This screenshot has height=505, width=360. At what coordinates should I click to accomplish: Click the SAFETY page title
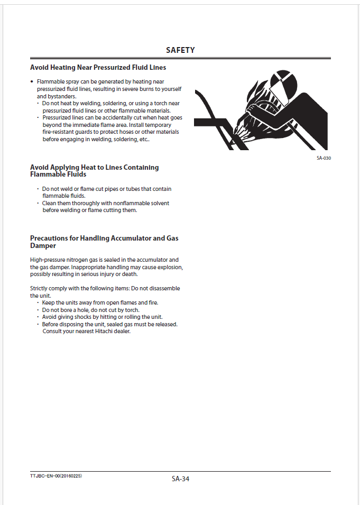180,50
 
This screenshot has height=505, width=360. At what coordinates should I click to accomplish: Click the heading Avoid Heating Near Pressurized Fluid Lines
98,68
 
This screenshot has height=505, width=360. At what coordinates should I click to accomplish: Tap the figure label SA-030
324,158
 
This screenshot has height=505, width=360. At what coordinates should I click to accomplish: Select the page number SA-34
180,479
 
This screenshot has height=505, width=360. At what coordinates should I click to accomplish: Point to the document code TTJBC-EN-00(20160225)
56,476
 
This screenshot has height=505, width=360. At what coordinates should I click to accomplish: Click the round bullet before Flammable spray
32,82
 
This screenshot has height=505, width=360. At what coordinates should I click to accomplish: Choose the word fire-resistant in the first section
59,132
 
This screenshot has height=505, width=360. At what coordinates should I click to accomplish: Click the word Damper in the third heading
43,246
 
